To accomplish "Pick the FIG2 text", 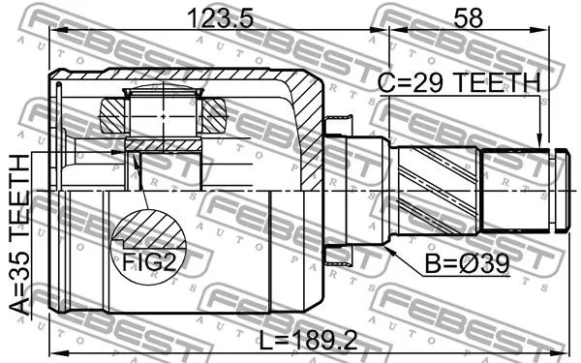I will click(148, 259).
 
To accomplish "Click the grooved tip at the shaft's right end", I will click(557, 188).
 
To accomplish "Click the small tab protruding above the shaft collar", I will click(338, 123).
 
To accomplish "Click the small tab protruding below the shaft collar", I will click(338, 255).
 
